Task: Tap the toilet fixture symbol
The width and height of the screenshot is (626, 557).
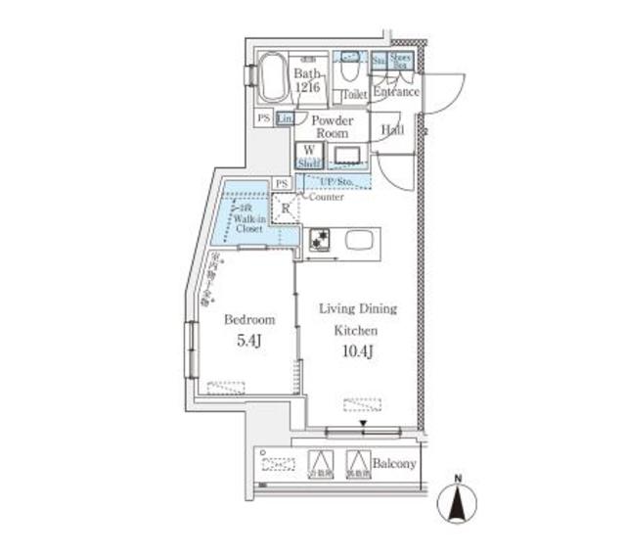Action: (x=350, y=70)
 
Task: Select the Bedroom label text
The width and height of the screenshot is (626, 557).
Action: (x=249, y=319)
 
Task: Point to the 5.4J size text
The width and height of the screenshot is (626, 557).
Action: (x=249, y=342)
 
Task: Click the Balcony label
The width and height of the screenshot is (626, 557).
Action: (x=397, y=464)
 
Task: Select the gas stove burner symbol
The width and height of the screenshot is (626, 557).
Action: (x=319, y=239)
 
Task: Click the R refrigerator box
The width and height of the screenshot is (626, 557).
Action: (x=285, y=208)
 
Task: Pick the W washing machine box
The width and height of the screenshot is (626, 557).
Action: (x=309, y=151)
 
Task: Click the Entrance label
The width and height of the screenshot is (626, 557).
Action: (x=396, y=92)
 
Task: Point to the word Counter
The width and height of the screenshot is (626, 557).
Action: (x=326, y=197)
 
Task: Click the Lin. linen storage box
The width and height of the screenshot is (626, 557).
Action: (x=285, y=118)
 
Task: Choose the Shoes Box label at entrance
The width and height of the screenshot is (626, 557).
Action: (x=402, y=60)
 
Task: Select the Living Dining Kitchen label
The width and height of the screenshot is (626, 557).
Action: (x=358, y=319)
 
